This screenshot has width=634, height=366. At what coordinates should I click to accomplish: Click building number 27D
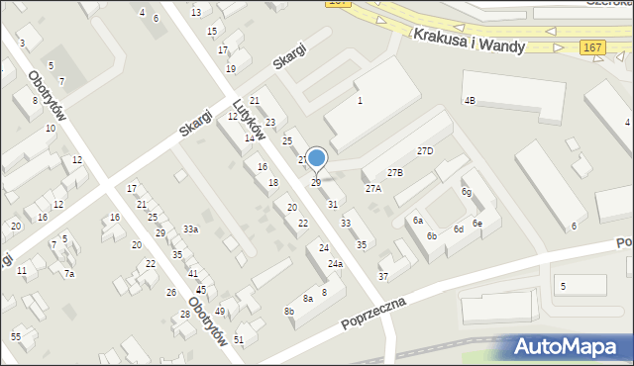(425, 151)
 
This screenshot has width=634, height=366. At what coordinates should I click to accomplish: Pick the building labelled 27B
(394, 173)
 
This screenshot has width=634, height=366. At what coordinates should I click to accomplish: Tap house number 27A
(373, 188)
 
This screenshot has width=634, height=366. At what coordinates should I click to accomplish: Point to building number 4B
(471, 101)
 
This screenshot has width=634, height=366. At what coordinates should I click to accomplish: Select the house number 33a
(189, 229)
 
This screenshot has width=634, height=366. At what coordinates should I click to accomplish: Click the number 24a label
(336, 264)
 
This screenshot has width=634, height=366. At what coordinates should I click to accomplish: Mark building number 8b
(289, 312)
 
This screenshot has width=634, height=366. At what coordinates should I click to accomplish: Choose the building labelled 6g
(466, 192)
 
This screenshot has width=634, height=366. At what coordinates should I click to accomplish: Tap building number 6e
(476, 224)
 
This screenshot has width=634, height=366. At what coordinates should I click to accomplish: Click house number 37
(383, 276)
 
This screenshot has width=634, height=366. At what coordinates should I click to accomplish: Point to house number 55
(16, 337)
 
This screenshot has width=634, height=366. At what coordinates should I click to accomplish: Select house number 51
(240, 339)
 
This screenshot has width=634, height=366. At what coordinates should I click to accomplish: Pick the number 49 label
(220, 312)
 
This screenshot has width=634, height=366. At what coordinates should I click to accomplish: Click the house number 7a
(68, 274)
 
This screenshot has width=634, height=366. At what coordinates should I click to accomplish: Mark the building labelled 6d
(459, 229)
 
